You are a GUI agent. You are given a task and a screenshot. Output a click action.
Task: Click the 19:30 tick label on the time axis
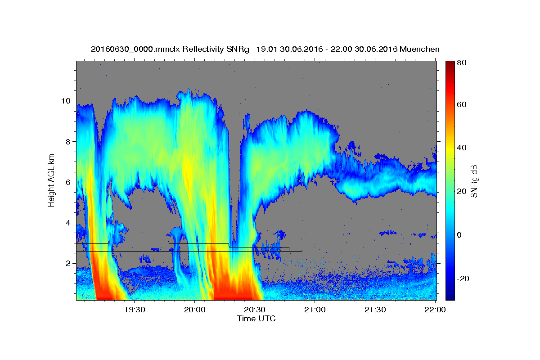point(135,310)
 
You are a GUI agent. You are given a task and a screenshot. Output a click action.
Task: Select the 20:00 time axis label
point(194,310)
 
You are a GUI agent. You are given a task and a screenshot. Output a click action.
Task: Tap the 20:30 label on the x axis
point(255,310)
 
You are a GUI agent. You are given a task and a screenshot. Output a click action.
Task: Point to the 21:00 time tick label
point(315,310)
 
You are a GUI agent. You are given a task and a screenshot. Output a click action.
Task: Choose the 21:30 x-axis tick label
point(375,310)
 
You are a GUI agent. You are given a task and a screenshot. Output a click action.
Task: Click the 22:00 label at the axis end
point(435,310)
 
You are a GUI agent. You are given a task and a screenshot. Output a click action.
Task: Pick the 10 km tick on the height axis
point(66,101)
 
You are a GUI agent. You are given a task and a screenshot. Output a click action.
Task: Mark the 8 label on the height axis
point(68,142)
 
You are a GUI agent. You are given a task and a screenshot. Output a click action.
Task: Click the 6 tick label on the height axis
point(68,182)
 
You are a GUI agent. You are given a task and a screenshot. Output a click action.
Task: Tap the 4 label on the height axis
point(68,223)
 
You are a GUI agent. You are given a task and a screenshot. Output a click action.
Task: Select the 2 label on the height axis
point(68,263)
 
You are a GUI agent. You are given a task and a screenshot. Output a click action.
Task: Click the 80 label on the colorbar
point(461,63)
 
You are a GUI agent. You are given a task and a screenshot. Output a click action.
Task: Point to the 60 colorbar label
point(461,104)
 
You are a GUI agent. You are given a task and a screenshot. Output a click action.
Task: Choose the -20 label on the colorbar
point(463,279)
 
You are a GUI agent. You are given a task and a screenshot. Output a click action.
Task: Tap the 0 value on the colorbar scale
point(459,235)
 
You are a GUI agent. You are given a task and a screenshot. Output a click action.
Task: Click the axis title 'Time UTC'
point(256,319)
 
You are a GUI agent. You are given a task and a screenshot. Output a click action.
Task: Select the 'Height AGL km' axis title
point(51,180)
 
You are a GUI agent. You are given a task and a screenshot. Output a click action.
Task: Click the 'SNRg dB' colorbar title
point(474,181)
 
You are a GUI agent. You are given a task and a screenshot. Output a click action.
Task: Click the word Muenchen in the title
point(419,49)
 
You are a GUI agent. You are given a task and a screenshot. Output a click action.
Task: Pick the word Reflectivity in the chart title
point(203,49)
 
